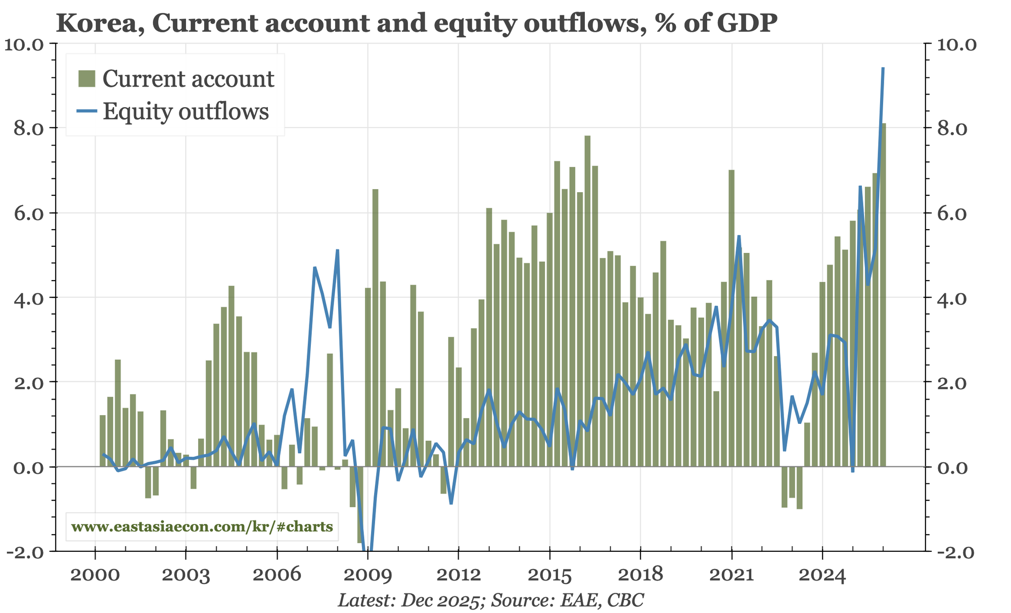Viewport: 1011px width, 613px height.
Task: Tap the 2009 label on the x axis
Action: tap(367, 576)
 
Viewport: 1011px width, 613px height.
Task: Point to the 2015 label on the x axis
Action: tap(549, 576)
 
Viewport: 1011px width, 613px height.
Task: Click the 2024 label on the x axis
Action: tap(822, 576)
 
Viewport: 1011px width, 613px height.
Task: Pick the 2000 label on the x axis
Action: tap(95, 576)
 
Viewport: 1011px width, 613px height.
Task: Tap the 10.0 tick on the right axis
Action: tap(955, 44)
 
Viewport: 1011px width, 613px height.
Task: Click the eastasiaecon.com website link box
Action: tap(202, 527)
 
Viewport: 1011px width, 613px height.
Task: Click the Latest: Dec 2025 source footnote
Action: tap(490, 600)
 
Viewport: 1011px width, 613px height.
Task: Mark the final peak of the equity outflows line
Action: tap(883, 69)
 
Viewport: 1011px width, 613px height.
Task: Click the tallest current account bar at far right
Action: tap(883, 293)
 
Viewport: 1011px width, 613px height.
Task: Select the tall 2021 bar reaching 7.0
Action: tap(731, 319)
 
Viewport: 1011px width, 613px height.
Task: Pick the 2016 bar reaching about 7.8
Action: tap(587, 301)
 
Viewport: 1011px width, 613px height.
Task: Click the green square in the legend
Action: tap(86, 79)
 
